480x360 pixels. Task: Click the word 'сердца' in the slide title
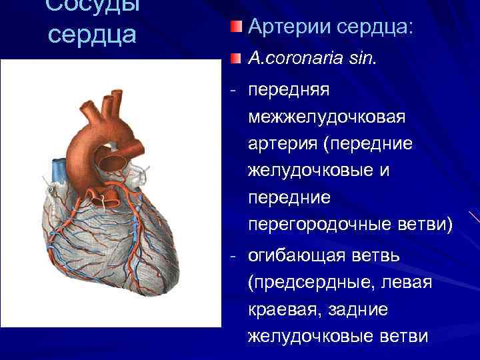[x=91, y=33]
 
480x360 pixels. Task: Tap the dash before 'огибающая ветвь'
[x=231, y=256]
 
